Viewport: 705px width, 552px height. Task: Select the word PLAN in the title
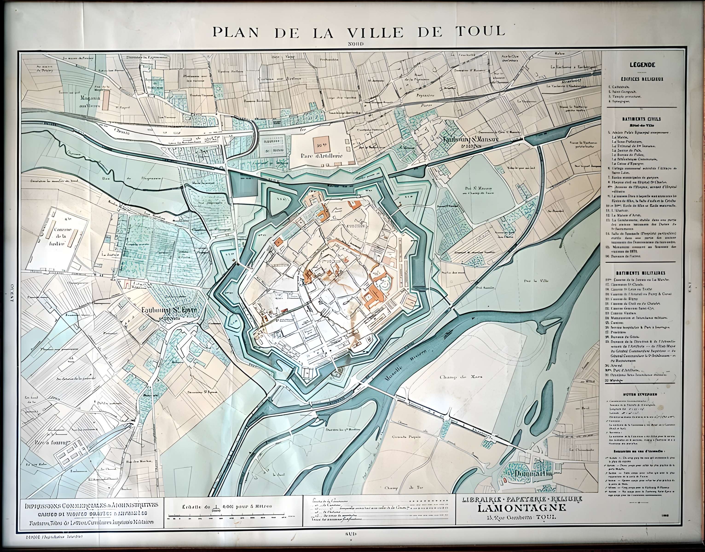pos(236,32)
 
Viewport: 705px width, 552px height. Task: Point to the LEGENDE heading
pos(642,65)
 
